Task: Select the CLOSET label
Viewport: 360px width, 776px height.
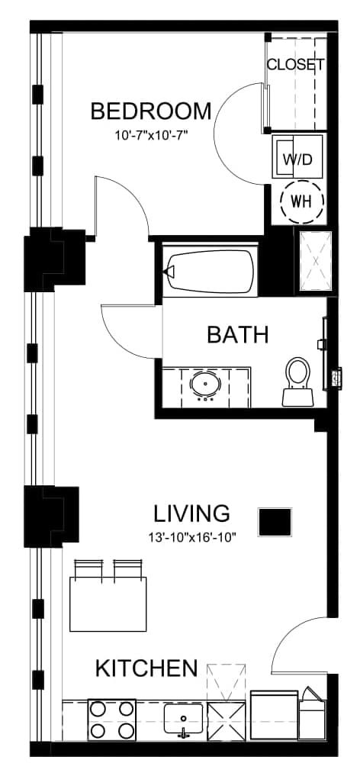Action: pos(296,64)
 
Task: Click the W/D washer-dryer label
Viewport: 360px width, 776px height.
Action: pos(298,159)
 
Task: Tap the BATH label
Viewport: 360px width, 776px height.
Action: pos(238,334)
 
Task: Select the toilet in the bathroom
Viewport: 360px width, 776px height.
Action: pos(298,382)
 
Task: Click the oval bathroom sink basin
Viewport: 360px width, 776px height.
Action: pos(207,384)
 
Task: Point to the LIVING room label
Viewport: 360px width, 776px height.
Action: pos(191,514)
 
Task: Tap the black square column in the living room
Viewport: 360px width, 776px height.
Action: pos(275,522)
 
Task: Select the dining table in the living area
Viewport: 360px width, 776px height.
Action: pos(108,604)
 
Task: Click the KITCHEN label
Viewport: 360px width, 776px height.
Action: pos(146,668)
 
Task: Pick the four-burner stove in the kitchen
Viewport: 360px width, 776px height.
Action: pos(112,720)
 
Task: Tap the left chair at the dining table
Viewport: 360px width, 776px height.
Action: pos(88,568)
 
